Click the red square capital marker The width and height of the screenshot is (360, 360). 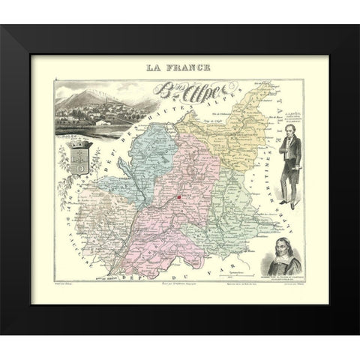[180, 198]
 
